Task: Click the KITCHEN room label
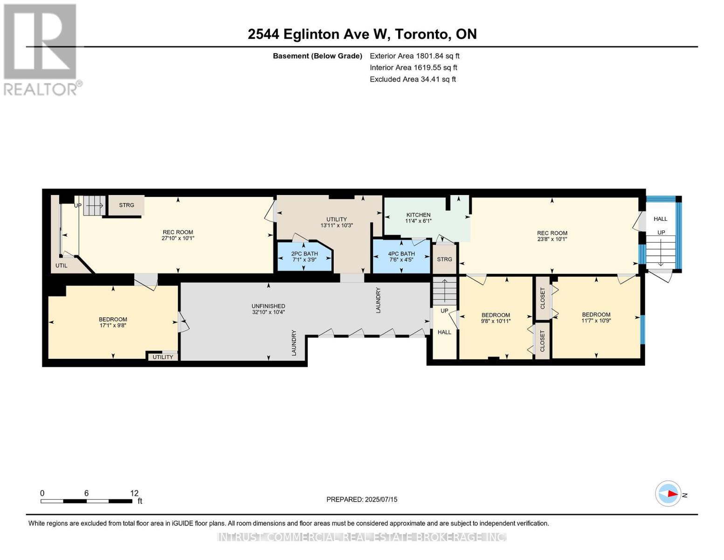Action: [x=418, y=215]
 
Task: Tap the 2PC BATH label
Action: [x=304, y=253]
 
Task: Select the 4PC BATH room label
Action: [x=401, y=253]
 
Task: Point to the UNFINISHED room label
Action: [x=268, y=306]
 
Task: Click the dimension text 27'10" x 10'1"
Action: [x=178, y=238]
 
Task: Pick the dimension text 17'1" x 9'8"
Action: [x=113, y=325]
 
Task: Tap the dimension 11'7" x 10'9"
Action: [x=596, y=321]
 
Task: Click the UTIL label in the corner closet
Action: [x=62, y=266]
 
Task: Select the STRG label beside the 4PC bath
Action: [x=444, y=259]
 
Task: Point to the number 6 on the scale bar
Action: [x=86, y=493]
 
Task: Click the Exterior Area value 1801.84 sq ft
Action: [x=437, y=56]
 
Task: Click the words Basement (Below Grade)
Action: [x=317, y=56]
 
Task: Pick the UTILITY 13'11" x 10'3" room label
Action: [x=337, y=222]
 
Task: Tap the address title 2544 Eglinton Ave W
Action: [x=319, y=34]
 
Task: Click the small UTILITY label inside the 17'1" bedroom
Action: [x=163, y=357]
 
